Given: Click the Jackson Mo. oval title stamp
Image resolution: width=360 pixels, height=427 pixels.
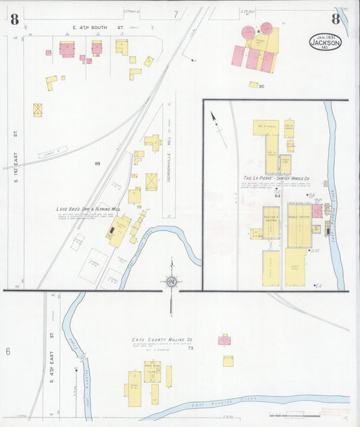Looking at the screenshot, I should coord(325,42).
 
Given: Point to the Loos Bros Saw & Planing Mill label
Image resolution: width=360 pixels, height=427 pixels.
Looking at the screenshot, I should coord(88,209).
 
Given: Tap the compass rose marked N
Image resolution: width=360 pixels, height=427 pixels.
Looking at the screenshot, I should coord(172,281).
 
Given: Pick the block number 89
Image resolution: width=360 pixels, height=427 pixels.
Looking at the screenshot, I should coord(97,164).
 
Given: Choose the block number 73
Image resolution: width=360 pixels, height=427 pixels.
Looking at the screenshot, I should coord(190,348).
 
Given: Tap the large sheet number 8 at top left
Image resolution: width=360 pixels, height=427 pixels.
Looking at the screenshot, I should coord(14,18).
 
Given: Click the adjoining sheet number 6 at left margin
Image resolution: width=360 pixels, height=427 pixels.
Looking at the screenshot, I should coord(8,351).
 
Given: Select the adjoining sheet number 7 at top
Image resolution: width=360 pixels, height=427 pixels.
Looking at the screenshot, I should coord(176,14).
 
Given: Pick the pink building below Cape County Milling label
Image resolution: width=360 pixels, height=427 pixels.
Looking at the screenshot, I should coord(225,340).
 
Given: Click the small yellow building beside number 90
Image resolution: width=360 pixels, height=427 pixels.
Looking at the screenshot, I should coord(253,84).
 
